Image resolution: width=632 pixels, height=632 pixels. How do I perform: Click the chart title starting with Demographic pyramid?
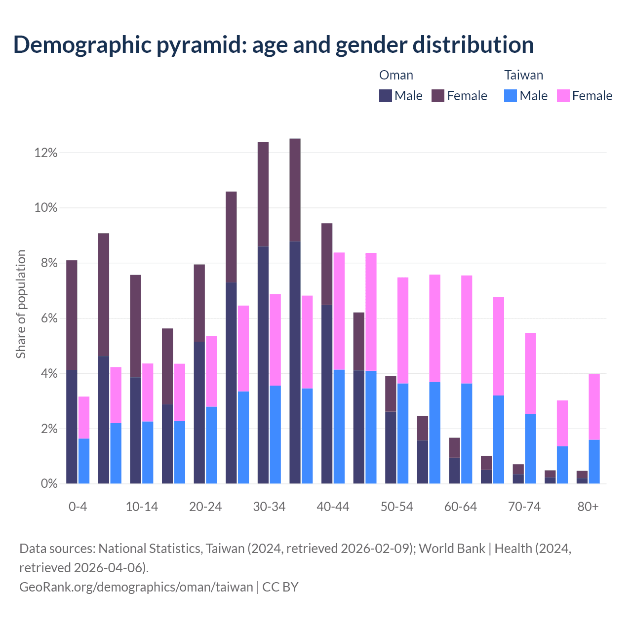coord(274,44)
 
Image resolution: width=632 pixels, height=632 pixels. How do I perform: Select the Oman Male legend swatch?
coord(386,96)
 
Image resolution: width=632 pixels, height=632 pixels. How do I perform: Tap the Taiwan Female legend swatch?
coord(563,96)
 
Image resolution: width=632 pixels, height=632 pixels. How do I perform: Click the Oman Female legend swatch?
coord(438,96)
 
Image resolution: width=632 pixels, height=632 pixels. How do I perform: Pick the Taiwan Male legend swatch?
coord(511,96)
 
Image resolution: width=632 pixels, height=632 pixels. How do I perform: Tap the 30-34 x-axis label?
coord(269,507)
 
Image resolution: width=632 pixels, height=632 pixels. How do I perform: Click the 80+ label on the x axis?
coord(588,507)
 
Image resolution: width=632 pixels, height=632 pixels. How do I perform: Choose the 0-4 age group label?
coord(78,507)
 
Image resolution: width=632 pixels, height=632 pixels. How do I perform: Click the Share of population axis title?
coord(21,304)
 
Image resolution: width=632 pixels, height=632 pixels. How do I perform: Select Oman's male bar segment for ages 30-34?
coord(263,365)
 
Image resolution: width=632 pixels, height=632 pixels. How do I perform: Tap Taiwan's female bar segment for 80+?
coord(594,407)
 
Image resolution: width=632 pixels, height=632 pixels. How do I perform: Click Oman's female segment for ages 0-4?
coord(72,315)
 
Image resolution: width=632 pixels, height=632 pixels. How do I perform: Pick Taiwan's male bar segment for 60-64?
coord(467,434)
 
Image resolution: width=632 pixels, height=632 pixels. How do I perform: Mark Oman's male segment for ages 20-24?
coord(199,413)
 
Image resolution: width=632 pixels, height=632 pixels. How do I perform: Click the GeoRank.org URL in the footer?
coord(136,587)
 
